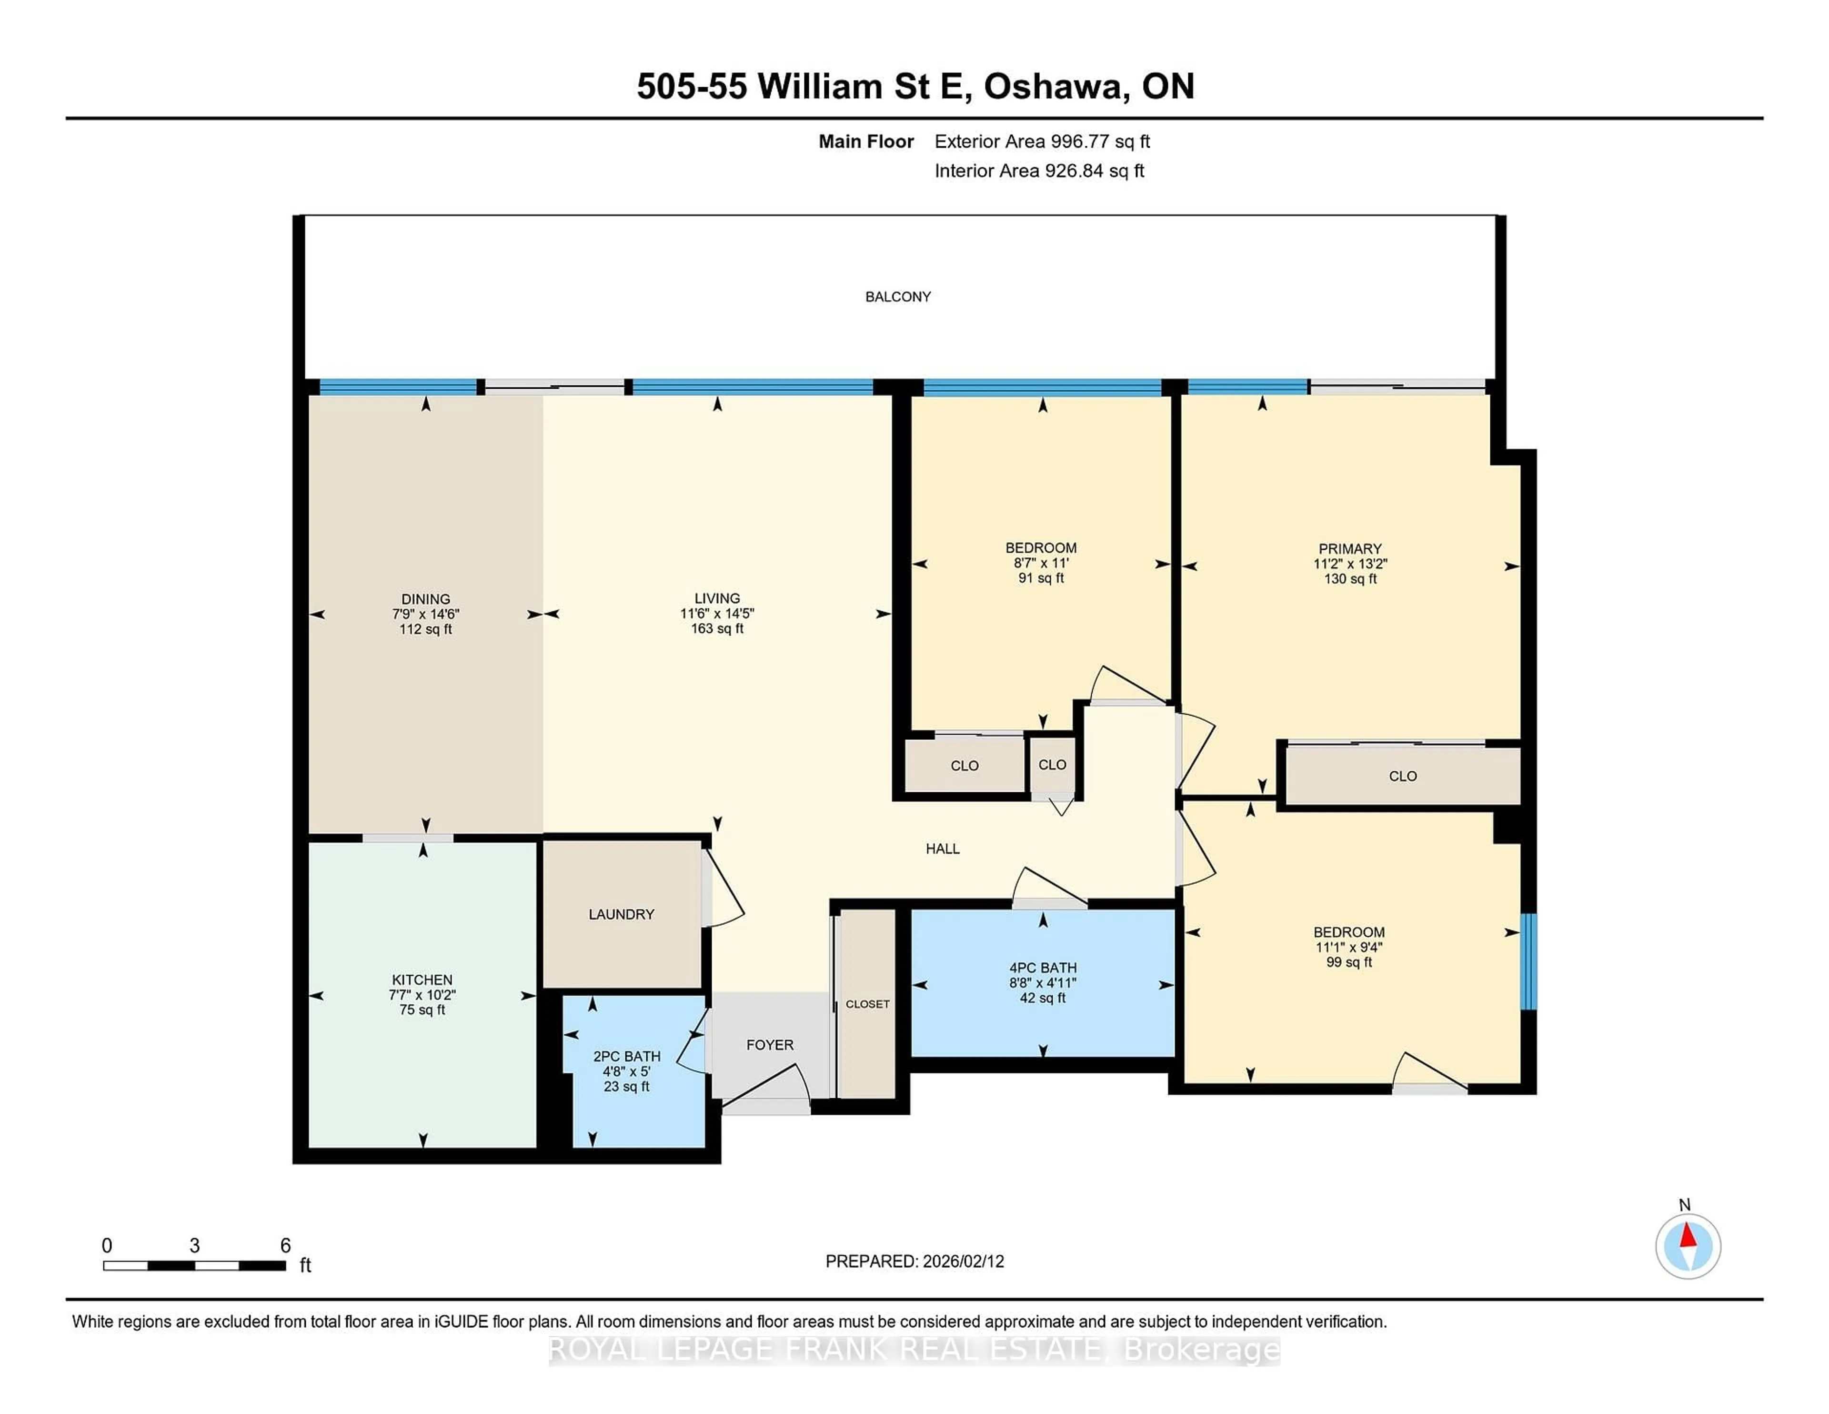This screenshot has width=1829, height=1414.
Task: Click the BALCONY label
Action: point(898,296)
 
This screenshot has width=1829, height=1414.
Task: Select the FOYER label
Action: point(770,1045)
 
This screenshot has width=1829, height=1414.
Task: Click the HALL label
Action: point(942,848)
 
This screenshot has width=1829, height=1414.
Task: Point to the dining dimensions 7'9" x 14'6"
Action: point(425,614)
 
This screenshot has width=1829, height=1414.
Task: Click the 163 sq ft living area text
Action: point(717,628)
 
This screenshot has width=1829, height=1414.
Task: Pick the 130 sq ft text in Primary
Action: point(1349,579)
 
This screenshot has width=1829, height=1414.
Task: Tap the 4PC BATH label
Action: point(1043,968)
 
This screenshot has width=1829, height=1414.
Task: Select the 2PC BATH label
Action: point(626,1056)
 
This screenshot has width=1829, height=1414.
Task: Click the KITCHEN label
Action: point(422,979)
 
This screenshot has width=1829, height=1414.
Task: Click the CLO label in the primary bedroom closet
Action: point(1403,777)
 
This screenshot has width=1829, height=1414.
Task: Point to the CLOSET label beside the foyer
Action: point(868,1003)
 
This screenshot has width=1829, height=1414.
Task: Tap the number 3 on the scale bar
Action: point(194,1246)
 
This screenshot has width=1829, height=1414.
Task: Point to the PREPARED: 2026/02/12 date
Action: point(914,1262)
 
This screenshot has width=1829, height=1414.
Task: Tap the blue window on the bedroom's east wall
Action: point(1528,962)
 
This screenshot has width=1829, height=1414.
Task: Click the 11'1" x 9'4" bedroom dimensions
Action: point(1348,948)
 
